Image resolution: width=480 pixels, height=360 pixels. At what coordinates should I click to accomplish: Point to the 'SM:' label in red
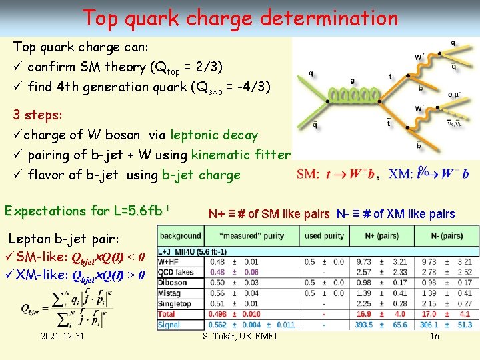point(309,174)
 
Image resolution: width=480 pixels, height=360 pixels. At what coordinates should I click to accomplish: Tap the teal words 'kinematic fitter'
point(241,155)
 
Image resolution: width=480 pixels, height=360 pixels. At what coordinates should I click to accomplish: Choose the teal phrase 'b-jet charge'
point(201,175)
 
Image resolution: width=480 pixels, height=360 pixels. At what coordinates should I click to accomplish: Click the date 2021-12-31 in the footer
point(61,336)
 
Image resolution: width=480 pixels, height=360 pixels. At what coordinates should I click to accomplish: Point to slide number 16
point(434,336)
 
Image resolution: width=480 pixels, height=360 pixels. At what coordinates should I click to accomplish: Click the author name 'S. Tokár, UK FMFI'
point(240,336)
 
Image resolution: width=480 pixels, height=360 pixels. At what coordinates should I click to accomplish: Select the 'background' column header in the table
point(180,235)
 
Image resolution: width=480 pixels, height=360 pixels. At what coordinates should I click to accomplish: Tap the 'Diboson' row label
point(173,283)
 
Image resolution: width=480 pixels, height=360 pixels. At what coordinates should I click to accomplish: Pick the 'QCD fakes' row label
point(176,273)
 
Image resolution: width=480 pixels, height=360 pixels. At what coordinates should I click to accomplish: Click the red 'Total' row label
point(167,314)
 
